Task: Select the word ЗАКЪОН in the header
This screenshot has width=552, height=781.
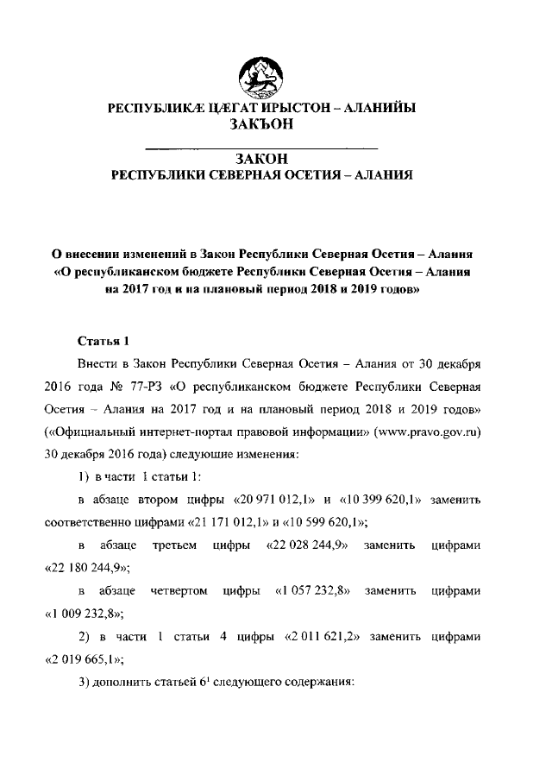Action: pos(260,124)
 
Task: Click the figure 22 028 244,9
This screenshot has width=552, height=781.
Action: pos(307,545)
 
